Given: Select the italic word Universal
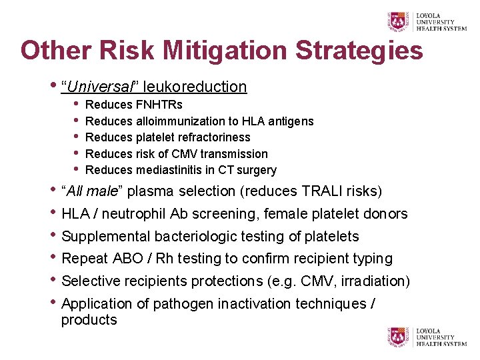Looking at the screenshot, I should coord(100,87).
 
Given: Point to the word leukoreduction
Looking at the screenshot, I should coord(195,87).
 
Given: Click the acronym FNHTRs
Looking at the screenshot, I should coord(159,105).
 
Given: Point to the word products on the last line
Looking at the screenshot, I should coord(89,320).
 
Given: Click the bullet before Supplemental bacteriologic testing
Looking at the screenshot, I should coord(53,236).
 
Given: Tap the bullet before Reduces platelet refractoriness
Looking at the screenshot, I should coord(77,137).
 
